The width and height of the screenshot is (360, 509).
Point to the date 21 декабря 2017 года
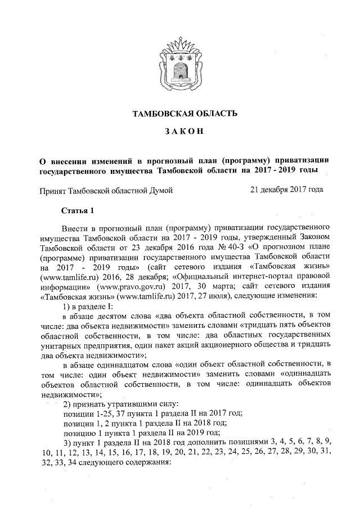[287, 190]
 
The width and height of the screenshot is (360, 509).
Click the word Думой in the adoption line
[159, 191]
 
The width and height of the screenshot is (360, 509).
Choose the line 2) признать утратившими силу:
[112, 404]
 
